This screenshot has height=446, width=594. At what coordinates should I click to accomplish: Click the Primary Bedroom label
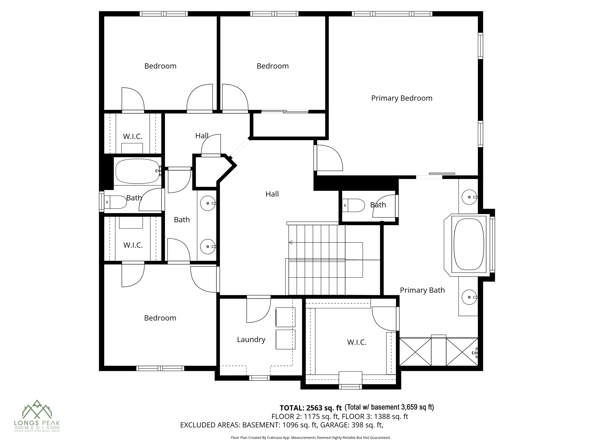click(x=402, y=98)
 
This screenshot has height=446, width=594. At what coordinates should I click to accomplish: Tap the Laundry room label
click(x=251, y=339)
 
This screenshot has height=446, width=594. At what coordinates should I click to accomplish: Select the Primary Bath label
click(x=422, y=290)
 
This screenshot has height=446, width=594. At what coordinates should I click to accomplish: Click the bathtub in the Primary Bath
click(x=469, y=244)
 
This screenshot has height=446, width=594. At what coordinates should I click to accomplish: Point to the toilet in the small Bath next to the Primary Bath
click(x=354, y=205)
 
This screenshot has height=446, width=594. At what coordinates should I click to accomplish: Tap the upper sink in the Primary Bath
click(x=469, y=197)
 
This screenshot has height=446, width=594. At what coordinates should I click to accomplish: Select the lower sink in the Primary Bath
click(x=469, y=297)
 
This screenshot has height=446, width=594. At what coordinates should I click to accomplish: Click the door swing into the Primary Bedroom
click(x=329, y=158)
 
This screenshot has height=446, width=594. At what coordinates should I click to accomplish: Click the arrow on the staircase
click(x=291, y=242)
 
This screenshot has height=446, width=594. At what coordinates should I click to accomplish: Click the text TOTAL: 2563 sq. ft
click(x=311, y=408)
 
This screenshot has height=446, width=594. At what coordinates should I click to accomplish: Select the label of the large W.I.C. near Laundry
click(x=357, y=342)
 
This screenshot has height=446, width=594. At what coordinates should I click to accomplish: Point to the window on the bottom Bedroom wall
click(x=160, y=368)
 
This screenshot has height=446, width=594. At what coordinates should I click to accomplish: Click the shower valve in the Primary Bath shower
click(x=475, y=353)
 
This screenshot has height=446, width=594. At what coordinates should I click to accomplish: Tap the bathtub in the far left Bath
click(x=137, y=171)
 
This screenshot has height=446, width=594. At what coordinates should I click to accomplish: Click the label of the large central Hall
click(x=272, y=194)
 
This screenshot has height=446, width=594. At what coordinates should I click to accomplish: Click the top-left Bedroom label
click(x=160, y=66)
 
